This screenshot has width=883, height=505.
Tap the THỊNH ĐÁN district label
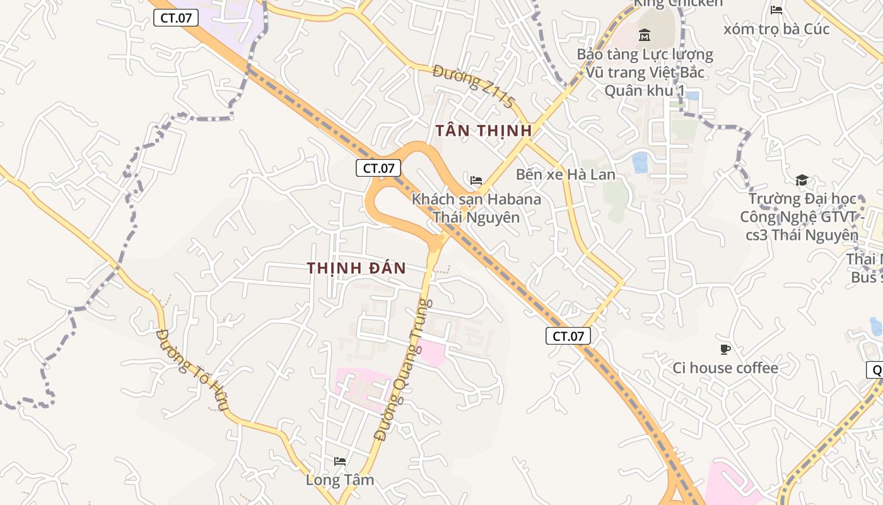point(356,268)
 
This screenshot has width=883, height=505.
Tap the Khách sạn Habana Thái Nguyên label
point(476,208)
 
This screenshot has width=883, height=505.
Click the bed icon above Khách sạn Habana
point(476,181)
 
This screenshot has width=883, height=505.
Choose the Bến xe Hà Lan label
point(565,174)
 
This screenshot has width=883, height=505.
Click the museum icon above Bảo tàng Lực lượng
point(645,34)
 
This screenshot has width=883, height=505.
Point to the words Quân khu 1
point(645,90)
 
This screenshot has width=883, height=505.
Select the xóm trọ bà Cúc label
point(776,29)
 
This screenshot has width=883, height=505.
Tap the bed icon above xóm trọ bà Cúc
point(776,9)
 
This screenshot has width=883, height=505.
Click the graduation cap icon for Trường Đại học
point(802,180)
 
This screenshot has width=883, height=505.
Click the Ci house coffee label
point(725,367)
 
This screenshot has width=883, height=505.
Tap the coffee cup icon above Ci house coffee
point(725,349)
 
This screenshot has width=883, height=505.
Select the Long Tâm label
point(340,480)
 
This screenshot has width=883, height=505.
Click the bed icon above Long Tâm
point(340,461)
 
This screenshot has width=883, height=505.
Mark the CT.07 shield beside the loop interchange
point(378,168)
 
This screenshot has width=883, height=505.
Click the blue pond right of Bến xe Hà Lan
point(640,162)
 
